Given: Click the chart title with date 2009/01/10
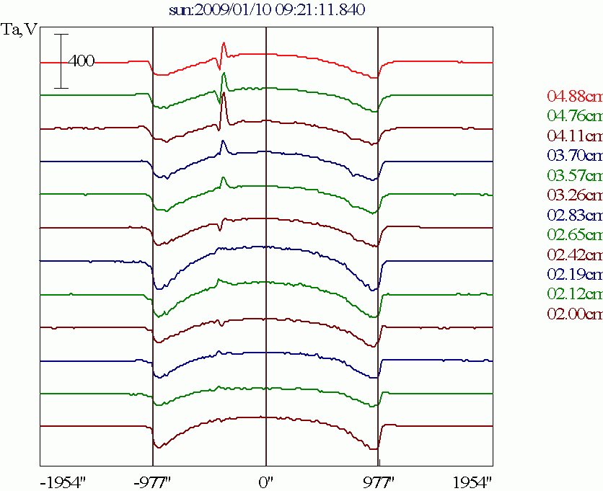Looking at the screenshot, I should (266, 9).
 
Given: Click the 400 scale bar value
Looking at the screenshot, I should (82, 61).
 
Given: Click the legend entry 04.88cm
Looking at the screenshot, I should (574, 96).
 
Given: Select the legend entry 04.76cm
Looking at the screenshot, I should (574, 115).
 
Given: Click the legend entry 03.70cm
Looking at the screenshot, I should (574, 155).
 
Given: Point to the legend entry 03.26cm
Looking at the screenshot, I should (574, 195).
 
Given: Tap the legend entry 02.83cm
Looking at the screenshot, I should (574, 215).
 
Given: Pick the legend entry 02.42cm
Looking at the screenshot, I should (574, 255).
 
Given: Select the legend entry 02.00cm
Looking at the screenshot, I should (574, 314).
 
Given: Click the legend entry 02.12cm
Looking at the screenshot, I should (574, 294).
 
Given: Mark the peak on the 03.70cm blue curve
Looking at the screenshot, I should (223, 142).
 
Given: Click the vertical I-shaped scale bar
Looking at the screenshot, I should (62, 61).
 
